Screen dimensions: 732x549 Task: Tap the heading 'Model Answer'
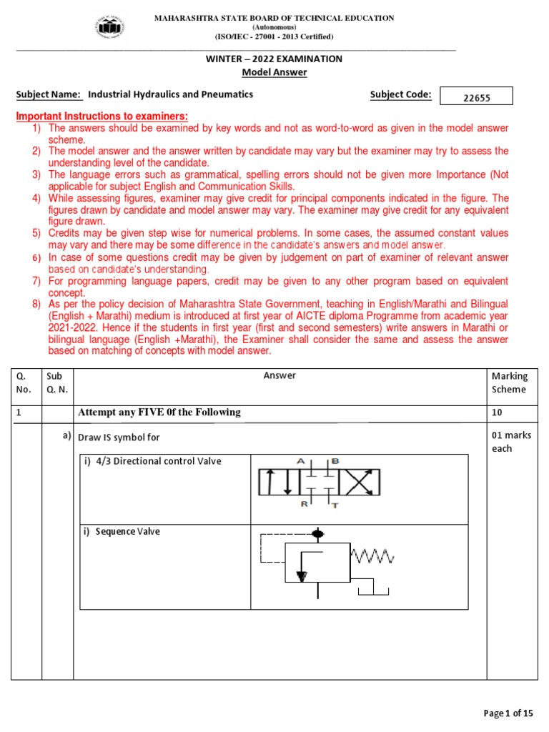[274, 73]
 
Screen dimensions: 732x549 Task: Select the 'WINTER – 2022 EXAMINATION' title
[274, 59]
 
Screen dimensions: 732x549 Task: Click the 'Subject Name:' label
[49, 94]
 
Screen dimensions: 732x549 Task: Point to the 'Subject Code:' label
[400, 94]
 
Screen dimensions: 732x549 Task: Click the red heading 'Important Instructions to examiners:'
[102, 117]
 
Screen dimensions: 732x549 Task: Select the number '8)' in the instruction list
[36, 304]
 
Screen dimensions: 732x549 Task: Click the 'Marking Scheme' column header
[509, 382]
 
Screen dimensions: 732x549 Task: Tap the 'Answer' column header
[280, 375]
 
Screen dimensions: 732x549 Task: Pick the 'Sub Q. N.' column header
[56, 382]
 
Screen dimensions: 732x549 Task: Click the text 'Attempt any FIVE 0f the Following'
[159, 412]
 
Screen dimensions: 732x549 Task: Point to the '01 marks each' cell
[511, 442]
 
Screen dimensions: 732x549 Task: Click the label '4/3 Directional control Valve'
[153, 461]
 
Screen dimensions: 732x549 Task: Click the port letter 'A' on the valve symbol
[301, 462]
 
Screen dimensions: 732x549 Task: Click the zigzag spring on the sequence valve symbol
[370, 555]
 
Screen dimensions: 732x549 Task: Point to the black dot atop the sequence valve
[318, 533]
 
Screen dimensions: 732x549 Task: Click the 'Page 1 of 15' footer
[508, 713]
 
